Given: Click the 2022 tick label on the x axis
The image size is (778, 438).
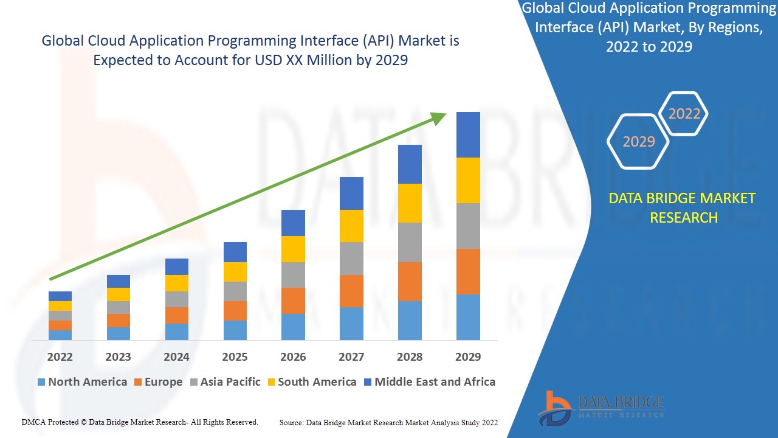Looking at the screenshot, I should [60, 356].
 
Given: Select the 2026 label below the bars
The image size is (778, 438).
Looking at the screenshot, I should [293, 356].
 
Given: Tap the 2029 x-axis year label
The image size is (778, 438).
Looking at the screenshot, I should [468, 356].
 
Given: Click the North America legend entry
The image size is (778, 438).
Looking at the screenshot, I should [82, 382].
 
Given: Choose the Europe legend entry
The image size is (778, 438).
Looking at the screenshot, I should [158, 382].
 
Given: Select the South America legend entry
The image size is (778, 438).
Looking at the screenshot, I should [311, 382].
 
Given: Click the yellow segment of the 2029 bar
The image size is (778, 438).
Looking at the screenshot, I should [468, 180].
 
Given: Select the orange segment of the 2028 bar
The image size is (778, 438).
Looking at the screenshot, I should [410, 281].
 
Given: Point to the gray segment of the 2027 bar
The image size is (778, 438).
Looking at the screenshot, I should [351, 259].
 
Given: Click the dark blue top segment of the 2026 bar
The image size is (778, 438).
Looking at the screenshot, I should [293, 223].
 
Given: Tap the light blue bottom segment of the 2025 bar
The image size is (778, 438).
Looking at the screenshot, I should [235, 330].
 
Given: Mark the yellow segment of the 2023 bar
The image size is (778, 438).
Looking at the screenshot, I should [118, 294].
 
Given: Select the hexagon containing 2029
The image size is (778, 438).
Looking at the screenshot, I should [638, 141].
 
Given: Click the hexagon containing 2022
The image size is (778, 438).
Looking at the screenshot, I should [684, 114].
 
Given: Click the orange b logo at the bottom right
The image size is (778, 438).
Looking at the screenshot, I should [554, 408].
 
